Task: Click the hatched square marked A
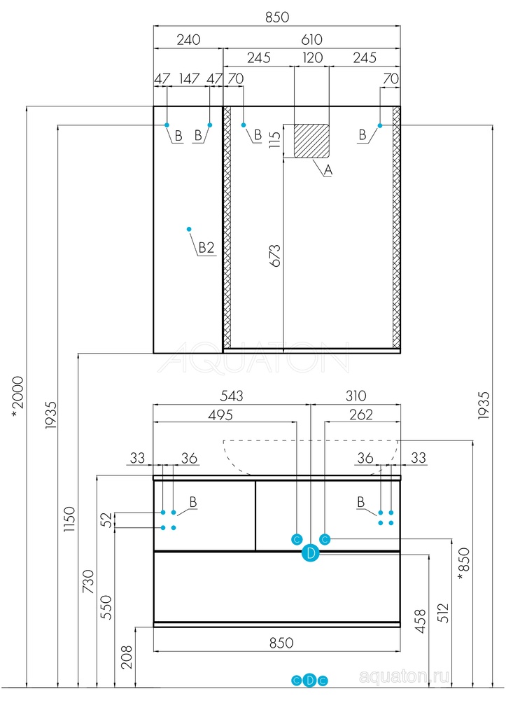(x=311, y=141)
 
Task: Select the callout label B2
(x=206, y=247)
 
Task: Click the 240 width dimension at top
(x=188, y=40)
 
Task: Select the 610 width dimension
(x=311, y=40)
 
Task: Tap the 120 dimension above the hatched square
(x=311, y=58)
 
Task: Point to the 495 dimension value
(x=220, y=415)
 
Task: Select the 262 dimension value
(x=360, y=415)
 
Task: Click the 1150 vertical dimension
(x=69, y=520)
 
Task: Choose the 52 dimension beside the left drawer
(x=106, y=520)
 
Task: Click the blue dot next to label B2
(x=189, y=229)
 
